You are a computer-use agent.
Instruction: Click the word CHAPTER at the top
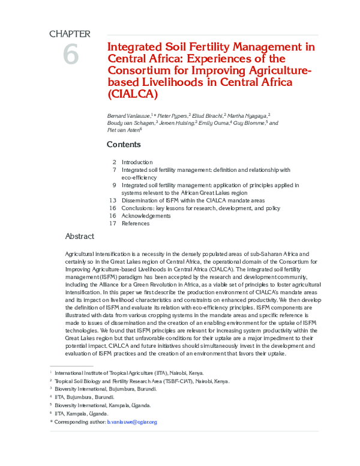click(x=70, y=34)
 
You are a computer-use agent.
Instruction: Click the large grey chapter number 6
click(x=70, y=55)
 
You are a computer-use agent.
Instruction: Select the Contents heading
click(x=124, y=144)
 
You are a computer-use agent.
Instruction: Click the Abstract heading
click(x=79, y=236)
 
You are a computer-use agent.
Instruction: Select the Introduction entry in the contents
click(x=137, y=162)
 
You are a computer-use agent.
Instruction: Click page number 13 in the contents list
click(x=112, y=200)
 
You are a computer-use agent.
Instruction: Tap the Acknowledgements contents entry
click(x=146, y=216)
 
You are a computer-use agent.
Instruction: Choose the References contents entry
click(x=135, y=223)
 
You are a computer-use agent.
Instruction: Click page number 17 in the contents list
click(x=112, y=223)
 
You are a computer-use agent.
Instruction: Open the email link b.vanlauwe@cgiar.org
click(x=131, y=422)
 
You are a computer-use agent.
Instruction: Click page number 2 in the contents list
click(x=114, y=162)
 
